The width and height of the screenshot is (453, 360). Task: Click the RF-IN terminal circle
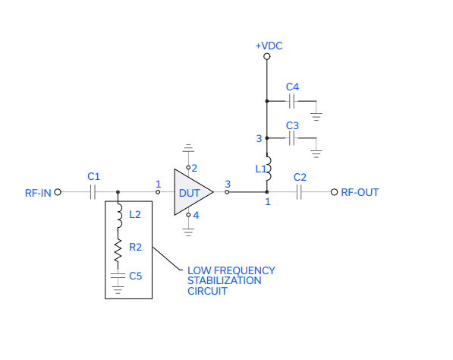pyautogui.click(x=58, y=192)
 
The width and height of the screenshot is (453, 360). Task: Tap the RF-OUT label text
pyautogui.click(x=360, y=192)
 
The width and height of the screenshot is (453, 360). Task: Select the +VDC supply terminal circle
pyautogui.click(x=267, y=56)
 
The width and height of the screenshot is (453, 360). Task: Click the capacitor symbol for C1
pyautogui.click(x=93, y=192)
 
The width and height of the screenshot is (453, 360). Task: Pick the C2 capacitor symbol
pyautogui.click(x=299, y=192)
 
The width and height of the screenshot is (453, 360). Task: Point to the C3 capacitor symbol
pyautogui.click(x=292, y=138)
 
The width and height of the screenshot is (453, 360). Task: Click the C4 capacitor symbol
pyautogui.click(x=292, y=101)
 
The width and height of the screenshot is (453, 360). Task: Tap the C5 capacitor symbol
pyautogui.click(x=118, y=276)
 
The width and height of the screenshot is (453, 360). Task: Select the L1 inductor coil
pyautogui.click(x=268, y=169)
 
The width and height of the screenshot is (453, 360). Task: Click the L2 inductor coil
pyautogui.click(x=118, y=216)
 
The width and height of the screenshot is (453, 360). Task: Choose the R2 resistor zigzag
pyautogui.click(x=118, y=251)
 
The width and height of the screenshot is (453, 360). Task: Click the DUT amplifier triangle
pyautogui.click(x=193, y=192)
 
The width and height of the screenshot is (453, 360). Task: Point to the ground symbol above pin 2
pyautogui.click(x=188, y=148)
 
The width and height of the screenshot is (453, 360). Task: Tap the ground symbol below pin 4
pyautogui.click(x=188, y=232)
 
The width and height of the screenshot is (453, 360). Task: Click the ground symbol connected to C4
pyautogui.click(x=316, y=116)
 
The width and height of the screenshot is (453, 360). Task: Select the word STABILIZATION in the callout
pyautogui.click(x=224, y=280)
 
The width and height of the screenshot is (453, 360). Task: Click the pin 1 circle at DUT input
pyautogui.click(x=158, y=192)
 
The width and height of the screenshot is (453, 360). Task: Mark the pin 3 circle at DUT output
pyautogui.click(x=227, y=192)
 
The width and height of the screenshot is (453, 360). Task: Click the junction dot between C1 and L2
pyautogui.click(x=118, y=192)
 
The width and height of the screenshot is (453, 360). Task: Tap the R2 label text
pyautogui.click(x=135, y=248)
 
